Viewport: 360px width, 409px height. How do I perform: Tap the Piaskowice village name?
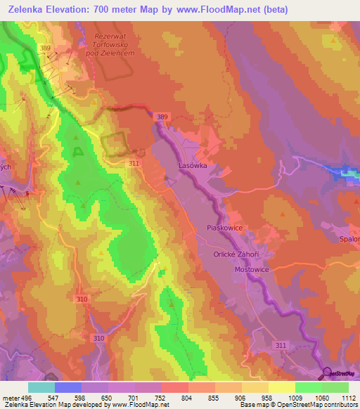point(226,228)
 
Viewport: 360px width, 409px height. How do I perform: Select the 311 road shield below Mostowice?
point(281,345)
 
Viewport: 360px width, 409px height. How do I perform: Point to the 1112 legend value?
point(347,398)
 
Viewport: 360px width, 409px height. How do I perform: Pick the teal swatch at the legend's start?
point(41,387)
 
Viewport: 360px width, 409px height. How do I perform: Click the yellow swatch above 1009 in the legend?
point(281,387)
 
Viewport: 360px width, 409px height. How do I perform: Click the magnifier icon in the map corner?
point(328,372)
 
